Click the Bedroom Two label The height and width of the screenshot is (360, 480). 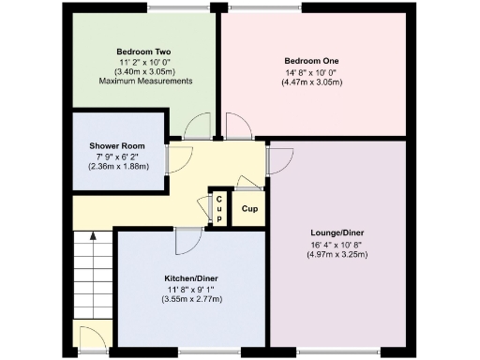click(x=143, y=52)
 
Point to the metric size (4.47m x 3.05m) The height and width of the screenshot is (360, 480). click(x=311, y=82)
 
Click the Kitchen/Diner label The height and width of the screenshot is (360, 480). click(x=176, y=278)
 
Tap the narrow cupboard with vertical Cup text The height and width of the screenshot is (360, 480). click(x=218, y=207)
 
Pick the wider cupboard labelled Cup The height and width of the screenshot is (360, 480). click(x=249, y=208)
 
